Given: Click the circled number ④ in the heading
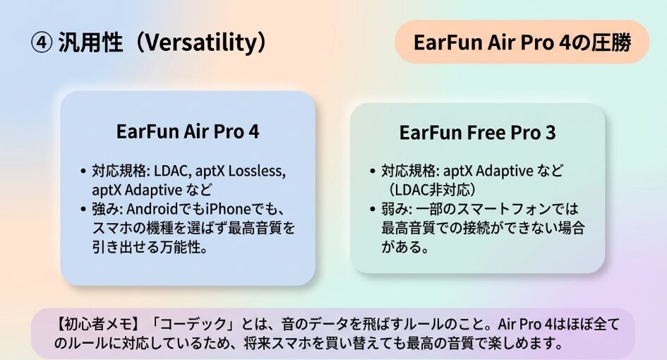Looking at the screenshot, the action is coord(42,43).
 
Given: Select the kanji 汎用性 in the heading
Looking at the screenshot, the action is coord(90,43).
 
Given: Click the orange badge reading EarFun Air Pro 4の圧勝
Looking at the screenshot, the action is coord(522,42).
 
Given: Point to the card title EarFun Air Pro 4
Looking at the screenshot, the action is coord(188,131).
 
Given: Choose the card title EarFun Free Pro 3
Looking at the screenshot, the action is coord(477,132).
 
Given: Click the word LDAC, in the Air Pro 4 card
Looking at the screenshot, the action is coord(172,171).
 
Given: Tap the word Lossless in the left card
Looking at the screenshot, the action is coord(256,171).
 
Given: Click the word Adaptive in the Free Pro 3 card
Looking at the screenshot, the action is coord(504,171).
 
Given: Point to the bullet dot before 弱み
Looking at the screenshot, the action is coord(373,210).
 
